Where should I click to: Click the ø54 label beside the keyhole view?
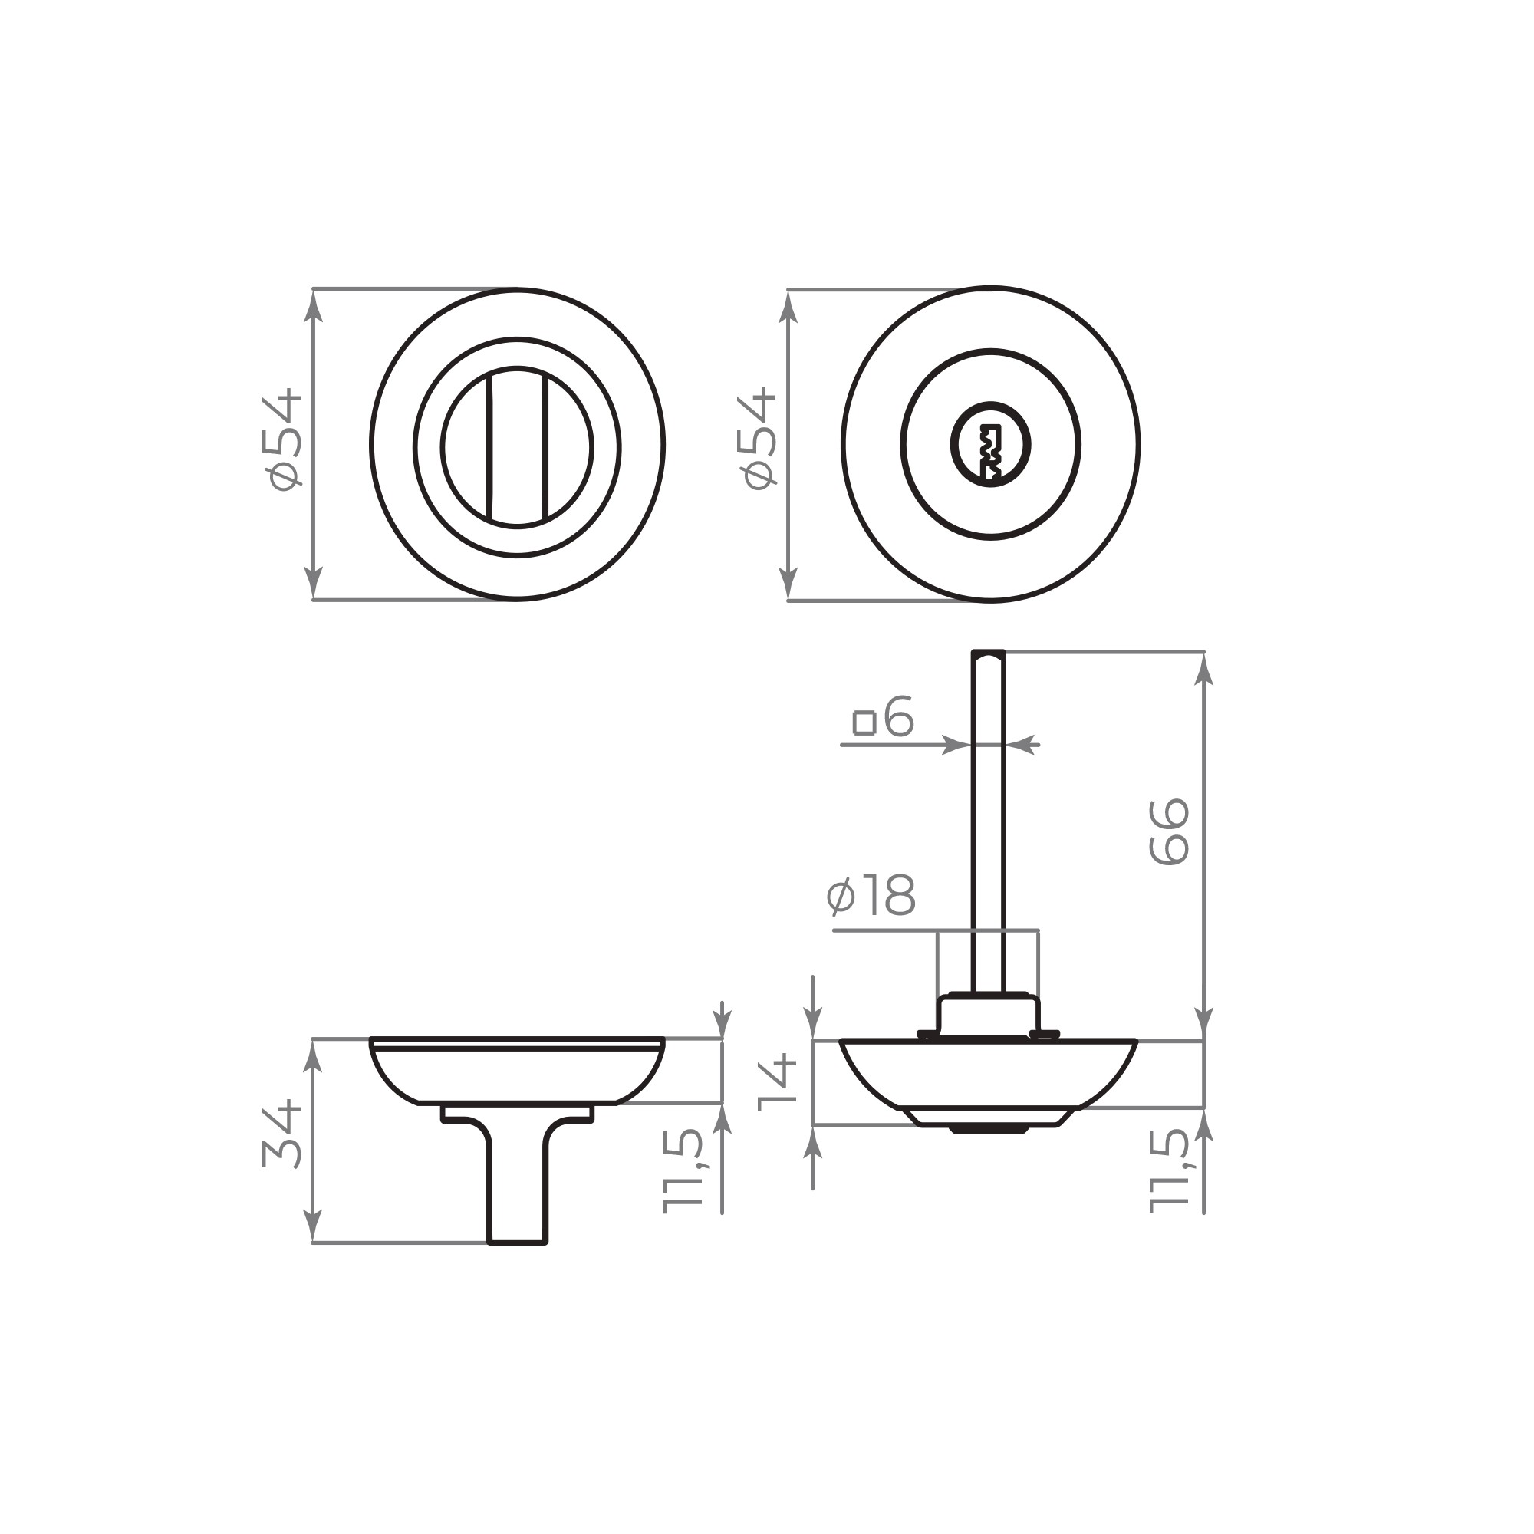(x=759, y=439)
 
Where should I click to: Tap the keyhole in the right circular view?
(x=991, y=445)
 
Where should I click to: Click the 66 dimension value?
(x=1169, y=832)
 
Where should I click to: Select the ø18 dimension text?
(x=871, y=897)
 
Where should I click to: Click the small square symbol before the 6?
(x=864, y=723)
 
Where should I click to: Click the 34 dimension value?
(x=283, y=1134)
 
